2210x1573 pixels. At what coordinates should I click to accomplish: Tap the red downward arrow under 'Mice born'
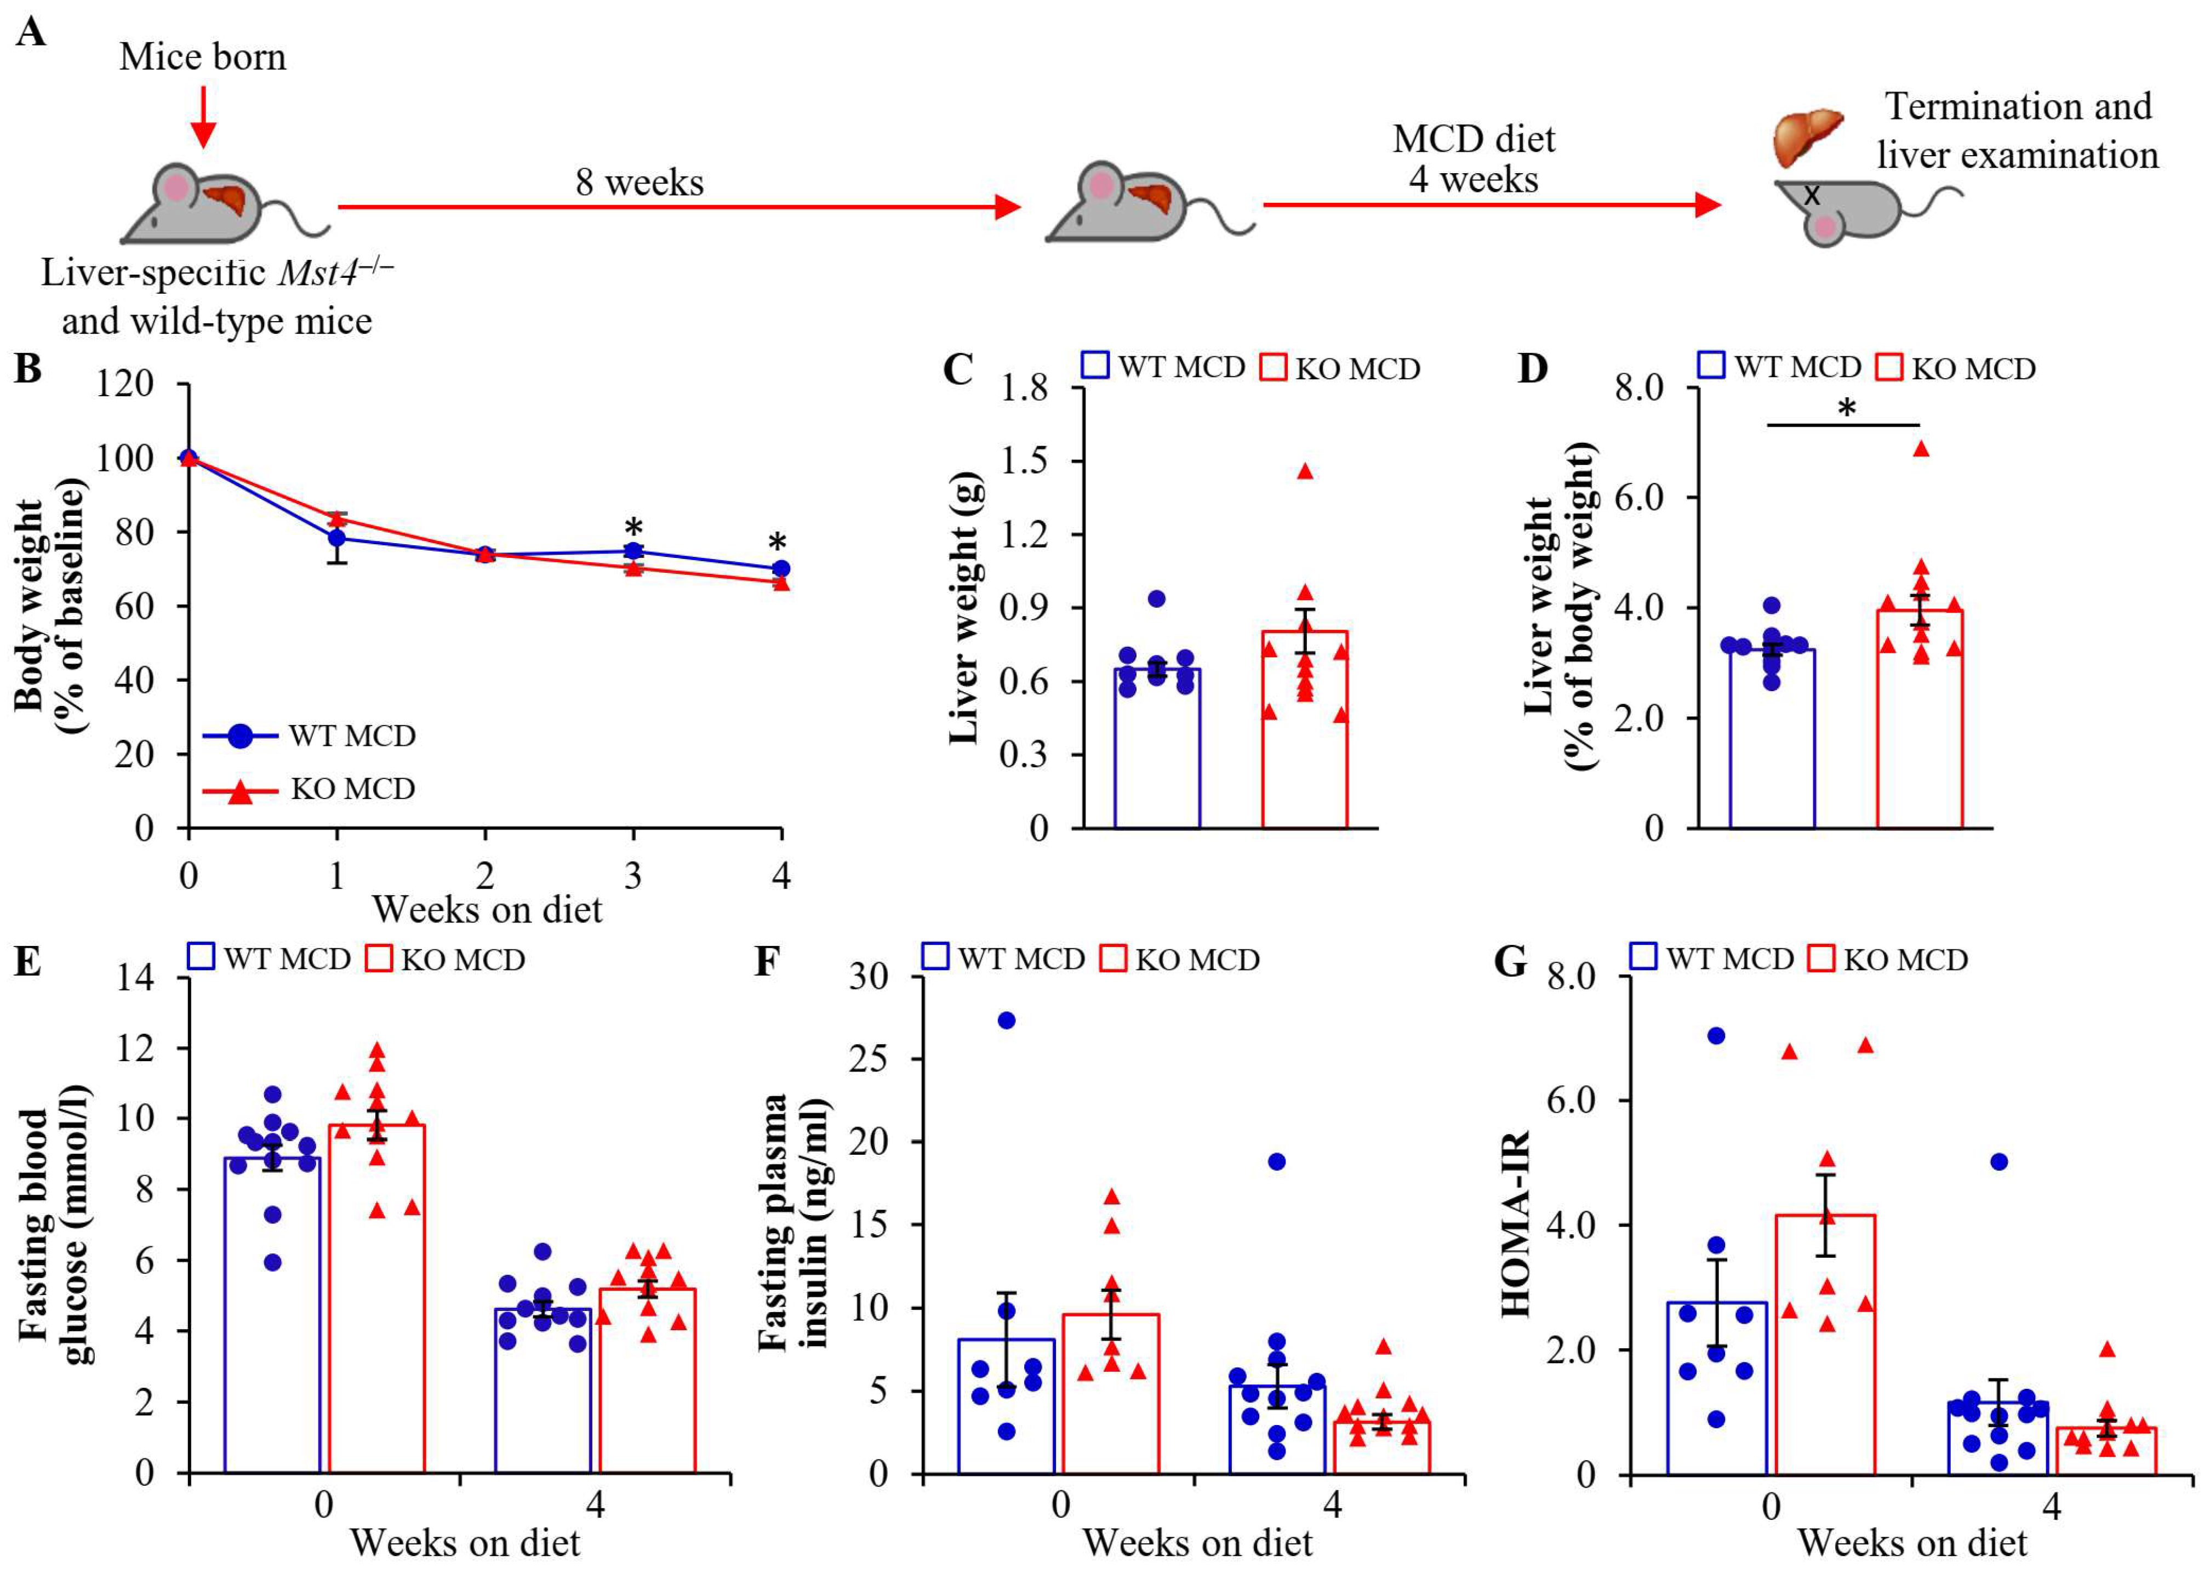pyautogui.click(x=202, y=115)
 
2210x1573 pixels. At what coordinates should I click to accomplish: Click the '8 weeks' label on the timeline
pyautogui.click(x=639, y=182)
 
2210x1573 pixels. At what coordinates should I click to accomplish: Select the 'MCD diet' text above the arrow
pyautogui.click(x=1473, y=139)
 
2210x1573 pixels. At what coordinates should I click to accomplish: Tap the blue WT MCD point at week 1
pyautogui.click(x=336, y=538)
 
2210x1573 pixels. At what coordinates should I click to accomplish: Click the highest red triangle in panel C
pyautogui.click(x=1305, y=472)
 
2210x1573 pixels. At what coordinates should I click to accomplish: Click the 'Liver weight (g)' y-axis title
pyautogui.click(x=964, y=608)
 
